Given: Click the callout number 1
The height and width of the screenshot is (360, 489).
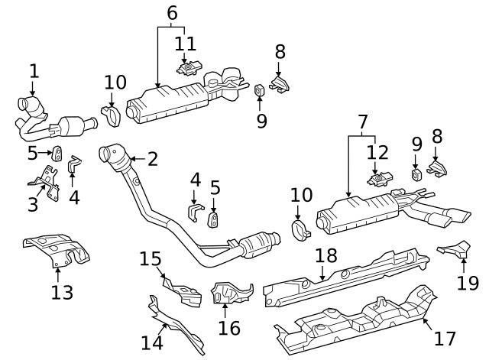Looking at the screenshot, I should (x=34, y=71).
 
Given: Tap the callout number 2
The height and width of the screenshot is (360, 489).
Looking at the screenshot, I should (x=152, y=159).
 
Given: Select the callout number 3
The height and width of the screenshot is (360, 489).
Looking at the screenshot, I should (x=33, y=204).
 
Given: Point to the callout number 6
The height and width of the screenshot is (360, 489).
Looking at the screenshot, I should (x=172, y=13).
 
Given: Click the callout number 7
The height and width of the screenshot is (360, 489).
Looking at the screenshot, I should (x=362, y=120).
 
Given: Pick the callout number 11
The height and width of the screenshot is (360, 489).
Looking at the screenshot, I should (x=185, y=43).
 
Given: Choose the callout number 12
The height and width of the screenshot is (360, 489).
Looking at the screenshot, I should (x=377, y=152).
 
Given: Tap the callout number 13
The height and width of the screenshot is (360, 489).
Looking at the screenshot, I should (x=62, y=291).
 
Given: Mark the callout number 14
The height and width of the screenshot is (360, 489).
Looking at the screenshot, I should (x=152, y=342).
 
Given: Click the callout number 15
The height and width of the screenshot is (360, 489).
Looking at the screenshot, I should (x=150, y=259).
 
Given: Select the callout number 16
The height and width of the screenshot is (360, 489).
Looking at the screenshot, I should (x=229, y=328).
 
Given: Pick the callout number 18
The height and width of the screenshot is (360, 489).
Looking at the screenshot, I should (x=325, y=256).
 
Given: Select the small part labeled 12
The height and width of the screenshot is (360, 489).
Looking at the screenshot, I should (x=377, y=180).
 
